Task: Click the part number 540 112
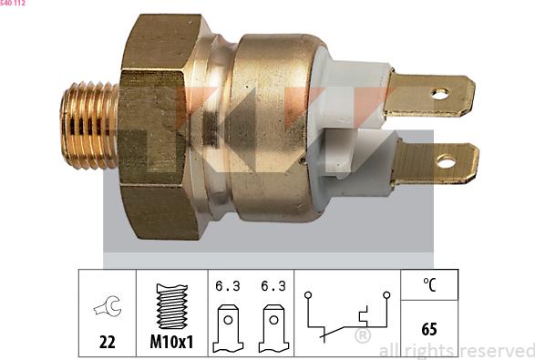(13, 5)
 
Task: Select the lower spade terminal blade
(435, 162)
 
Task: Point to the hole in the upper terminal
(440, 93)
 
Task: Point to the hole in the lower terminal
(446, 162)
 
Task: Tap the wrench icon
(108, 307)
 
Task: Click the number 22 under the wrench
(108, 342)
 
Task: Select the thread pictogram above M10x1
(172, 306)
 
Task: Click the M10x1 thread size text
(172, 342)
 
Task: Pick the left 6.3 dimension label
(227, 285)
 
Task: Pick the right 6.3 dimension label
(272, 285)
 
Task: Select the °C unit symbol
(429, 284)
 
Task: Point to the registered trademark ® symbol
(362, 336)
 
